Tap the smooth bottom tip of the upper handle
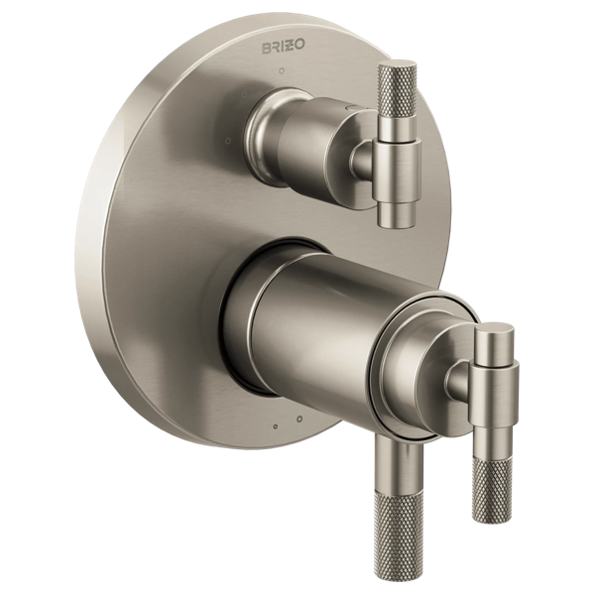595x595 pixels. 398,213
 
